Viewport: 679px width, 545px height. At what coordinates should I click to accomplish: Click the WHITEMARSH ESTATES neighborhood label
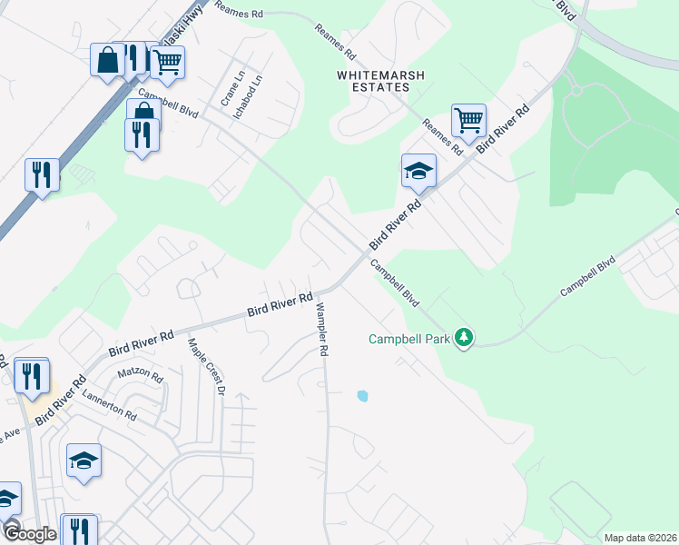click(372, 81)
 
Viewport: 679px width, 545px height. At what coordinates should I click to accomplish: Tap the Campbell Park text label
click(409, 340)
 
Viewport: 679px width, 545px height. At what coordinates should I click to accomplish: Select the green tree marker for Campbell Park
click(464, 338)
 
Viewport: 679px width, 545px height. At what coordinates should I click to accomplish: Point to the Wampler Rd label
click(320, 328)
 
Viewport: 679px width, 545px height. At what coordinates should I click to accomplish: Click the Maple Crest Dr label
click(205, 366)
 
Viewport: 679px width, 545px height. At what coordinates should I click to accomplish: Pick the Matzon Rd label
click(140, 375)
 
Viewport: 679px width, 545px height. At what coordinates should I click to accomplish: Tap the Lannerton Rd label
click(109, 404)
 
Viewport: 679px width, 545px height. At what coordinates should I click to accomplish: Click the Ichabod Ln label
click(257, 92)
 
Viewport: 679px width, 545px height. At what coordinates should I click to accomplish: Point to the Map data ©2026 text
click(640, 538)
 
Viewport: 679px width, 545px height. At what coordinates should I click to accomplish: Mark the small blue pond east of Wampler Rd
click(363, 396)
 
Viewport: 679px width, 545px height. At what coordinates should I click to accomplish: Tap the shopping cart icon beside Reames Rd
click(468, 119)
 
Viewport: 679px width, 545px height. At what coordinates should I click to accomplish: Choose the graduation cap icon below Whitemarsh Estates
click(419, 170)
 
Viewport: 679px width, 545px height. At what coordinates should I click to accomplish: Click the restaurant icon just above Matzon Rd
click(32, 376)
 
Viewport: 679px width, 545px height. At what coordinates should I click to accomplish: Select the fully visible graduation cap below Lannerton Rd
click(84, 460)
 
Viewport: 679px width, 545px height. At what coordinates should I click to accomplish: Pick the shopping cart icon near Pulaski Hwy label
click(167, 62)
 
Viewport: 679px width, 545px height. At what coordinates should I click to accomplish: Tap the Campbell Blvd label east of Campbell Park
click(587, 275)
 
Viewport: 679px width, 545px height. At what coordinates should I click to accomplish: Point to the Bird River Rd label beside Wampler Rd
click(280, 304)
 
